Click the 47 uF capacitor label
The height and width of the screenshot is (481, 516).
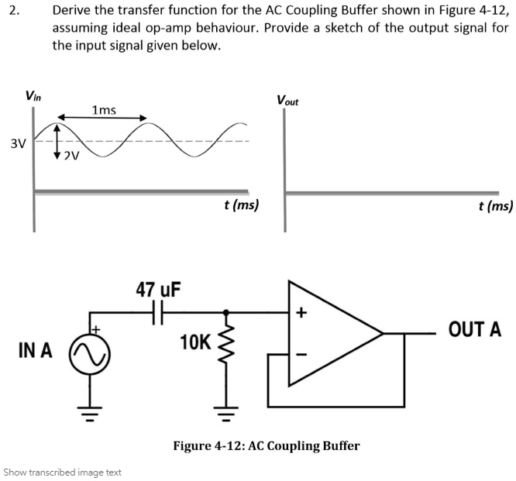point(158,290)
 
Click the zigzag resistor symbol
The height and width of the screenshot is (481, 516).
point(227,342)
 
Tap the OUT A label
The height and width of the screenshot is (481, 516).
point(474,330)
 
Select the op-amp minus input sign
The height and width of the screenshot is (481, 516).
point(302,355)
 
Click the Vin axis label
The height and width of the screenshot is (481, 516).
point(33,96)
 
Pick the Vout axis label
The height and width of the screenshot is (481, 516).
point(287,101)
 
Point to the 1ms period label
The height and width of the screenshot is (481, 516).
point(103,110)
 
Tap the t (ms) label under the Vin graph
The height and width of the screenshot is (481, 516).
point(241,206)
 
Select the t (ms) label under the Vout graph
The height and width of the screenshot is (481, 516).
point(496,206)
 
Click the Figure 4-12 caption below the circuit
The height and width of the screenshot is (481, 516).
point(266,446)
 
